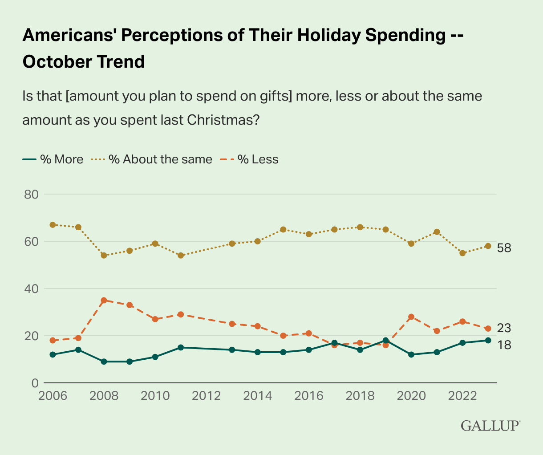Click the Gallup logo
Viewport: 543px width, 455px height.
(490, 425)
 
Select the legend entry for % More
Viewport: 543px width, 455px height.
(53, 159)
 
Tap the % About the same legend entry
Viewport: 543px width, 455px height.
(151, 159)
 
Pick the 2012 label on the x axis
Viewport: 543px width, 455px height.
(206, 396)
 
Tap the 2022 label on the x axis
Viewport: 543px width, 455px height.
(462, 396)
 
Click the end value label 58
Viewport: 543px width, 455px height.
(504, 248)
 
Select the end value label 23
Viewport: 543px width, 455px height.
(504, 329)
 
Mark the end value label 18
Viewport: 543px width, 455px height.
(504, 345)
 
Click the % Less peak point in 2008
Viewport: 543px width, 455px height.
(104, 301)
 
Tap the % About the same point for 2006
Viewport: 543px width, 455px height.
(53, 225)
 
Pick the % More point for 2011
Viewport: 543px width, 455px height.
(181, 348)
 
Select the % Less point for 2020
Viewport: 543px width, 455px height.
(411, 317)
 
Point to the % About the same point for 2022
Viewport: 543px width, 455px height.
(462, 253)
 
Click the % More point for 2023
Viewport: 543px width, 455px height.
(488, 341)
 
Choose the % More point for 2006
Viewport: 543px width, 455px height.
(53, 355)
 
